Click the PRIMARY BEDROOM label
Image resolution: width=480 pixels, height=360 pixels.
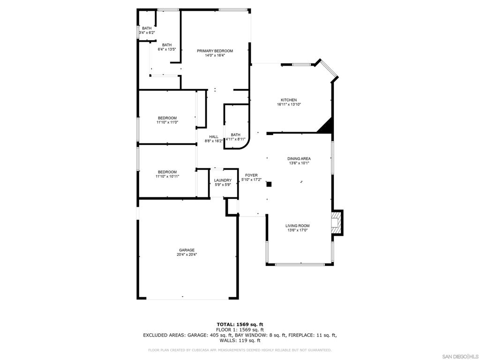(215, 51)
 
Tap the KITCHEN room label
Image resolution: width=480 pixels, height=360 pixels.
(288, 100)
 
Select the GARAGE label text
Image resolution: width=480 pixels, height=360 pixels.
(186, 250)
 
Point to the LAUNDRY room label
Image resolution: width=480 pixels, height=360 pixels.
(223, 180)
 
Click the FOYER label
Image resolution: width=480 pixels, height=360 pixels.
(251, 175)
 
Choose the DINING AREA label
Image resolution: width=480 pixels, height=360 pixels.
(299, 159)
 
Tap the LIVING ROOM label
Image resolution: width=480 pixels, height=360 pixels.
(297, 226)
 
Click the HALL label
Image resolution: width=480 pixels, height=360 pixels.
(213, 137)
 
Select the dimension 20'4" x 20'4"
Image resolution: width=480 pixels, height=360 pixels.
(186, 255)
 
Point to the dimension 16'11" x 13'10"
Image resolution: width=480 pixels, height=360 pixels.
(288, 105)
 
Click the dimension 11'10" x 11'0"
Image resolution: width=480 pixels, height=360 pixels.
(167, 122)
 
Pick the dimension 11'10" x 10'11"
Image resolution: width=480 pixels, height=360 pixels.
(167, 176)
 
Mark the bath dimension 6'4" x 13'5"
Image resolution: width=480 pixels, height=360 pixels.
(166, 49)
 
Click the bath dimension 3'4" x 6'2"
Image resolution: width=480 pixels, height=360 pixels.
(147, 33)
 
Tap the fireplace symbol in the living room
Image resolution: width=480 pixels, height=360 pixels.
(337, 222)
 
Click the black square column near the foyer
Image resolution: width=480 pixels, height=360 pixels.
(269, 184)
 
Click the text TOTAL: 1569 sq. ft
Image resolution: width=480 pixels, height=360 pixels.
(240, 324)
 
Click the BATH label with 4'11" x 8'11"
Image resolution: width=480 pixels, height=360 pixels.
(235, 135)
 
